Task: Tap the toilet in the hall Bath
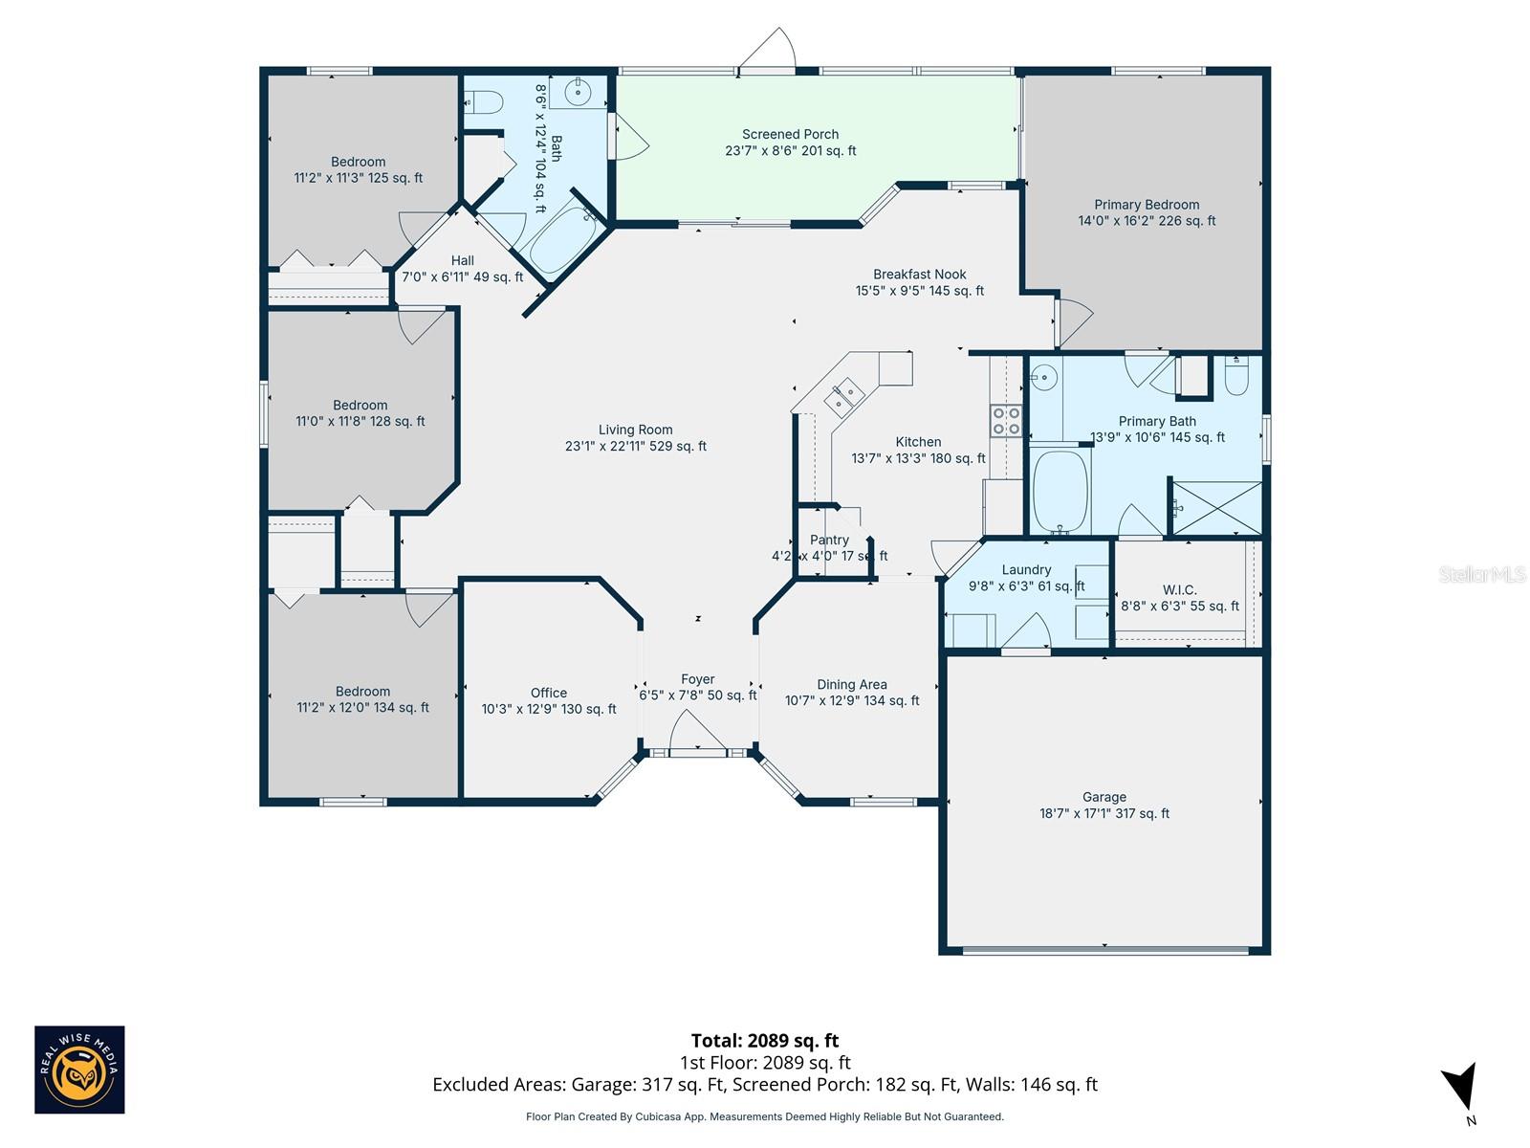484,100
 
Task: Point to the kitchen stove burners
1006,421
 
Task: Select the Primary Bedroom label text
1147,205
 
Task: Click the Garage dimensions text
1104,813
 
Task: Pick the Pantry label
829,541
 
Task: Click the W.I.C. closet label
1179,590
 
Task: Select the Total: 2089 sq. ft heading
764,1040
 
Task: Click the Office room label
549,693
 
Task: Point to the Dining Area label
851,684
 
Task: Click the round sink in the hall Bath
578,93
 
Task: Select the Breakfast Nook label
919,275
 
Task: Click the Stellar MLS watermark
1481,574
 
